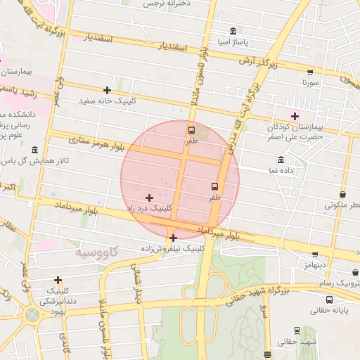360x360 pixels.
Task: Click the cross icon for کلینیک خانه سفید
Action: click(x=107, y=90)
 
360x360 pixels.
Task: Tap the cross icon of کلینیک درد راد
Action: click(x=149, y=198)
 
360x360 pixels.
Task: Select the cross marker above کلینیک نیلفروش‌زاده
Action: click(x=173, y=238)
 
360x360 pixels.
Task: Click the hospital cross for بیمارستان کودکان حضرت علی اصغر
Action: click(x=295, y=116)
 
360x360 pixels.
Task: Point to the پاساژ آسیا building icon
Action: click(x=233, y=31)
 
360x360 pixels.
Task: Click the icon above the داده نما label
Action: click(x=280, y=159)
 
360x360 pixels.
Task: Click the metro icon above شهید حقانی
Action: click(x=296, y=330)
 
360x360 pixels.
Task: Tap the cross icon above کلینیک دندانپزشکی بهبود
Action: click(x=58, y=280)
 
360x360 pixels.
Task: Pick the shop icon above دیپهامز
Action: click(x=315, y=254)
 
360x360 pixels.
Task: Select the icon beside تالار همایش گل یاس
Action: click(x=35, y=150)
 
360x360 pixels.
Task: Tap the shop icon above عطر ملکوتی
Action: click(x=342, y=194)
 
